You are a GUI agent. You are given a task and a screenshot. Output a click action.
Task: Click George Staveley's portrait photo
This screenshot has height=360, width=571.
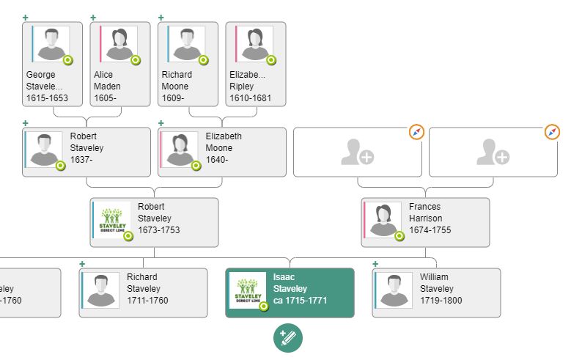click(x=51, y=44)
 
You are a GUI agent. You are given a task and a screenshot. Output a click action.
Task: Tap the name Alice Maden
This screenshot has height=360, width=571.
click(x=107, y=80)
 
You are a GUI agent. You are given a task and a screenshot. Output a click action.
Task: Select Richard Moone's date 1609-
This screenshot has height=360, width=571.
click(x=174, y=98)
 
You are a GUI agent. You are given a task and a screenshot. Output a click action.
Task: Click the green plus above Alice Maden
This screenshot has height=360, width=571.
click(x=93, y=18)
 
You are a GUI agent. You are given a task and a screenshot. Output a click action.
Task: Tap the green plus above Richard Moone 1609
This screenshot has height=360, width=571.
click(x=161, y=18)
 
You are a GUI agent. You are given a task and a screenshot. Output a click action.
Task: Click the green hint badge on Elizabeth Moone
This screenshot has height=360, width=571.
click(x=196, y=166)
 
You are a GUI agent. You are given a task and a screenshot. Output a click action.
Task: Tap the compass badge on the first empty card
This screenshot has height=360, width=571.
click(x=416, y=133)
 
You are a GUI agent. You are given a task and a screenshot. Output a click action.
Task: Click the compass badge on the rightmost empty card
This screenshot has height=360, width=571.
click(x=552, y=133)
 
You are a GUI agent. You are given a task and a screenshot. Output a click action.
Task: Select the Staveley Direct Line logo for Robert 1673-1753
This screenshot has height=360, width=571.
click(x=112, y=220)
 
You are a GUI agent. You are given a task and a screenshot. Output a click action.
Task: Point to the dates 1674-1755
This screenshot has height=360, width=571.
click(x=430, y=230)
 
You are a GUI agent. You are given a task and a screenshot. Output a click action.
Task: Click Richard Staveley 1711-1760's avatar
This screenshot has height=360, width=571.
click(x=101, y=290)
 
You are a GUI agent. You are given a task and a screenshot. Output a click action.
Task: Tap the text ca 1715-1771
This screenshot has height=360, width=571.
click(x=300, y=301)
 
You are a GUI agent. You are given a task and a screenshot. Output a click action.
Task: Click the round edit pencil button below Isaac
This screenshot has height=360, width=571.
click(x=288, y=338)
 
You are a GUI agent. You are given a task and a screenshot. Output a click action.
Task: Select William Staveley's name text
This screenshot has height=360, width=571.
click(x=436, y=283)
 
